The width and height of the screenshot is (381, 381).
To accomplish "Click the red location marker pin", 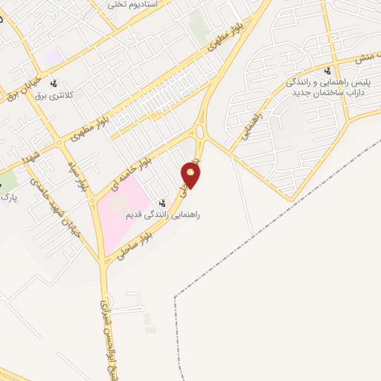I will pyautogui.click(x=191, y=176).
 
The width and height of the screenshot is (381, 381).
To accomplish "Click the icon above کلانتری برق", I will pyautogui.click(x=54, y=83).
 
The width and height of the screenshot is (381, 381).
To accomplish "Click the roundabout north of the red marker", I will pyautogui.click(x=200, y=132).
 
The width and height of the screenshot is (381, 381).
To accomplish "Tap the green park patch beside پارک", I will pyautogui.click(x=7, y=179).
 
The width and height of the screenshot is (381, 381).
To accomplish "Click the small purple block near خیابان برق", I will pyautogui.click(x=53, y=56).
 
